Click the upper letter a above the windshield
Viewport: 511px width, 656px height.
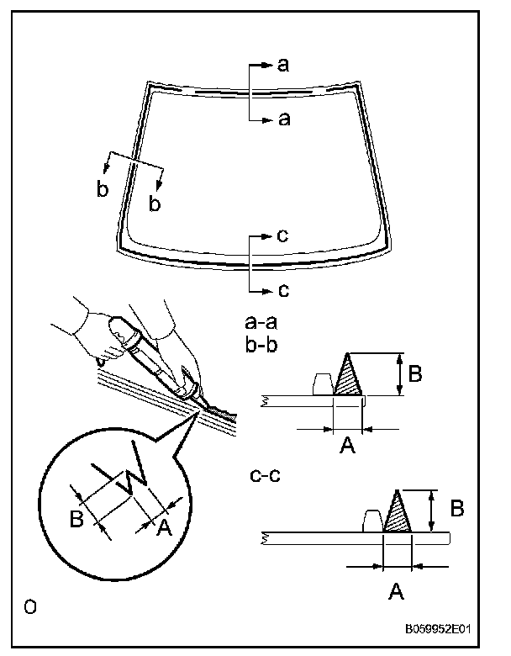coord(283,66)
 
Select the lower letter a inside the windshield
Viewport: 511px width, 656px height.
coord(284,119)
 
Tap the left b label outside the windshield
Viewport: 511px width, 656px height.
coord(103,188)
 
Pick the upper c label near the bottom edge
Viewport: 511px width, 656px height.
coord(282,236)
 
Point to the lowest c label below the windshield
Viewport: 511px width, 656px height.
coord(283,290)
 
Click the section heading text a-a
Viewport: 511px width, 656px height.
coord(261,323)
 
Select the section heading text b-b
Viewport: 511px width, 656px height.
coord(261,345)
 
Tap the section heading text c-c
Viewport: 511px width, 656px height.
coord(265,476)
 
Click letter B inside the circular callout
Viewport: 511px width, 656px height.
coord(77,519)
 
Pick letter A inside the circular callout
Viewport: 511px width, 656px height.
coord(165,527)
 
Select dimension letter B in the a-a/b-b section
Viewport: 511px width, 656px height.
coord(415,373)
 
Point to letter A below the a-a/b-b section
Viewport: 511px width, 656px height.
coord(347,445)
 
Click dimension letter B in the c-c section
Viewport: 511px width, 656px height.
coord(457,509)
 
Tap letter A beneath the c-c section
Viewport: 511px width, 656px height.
coord(397,591)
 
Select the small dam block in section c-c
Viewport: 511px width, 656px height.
coord(373,521)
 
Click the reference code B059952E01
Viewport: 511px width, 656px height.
coord(438,629)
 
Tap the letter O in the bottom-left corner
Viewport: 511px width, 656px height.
coord(30,606)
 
